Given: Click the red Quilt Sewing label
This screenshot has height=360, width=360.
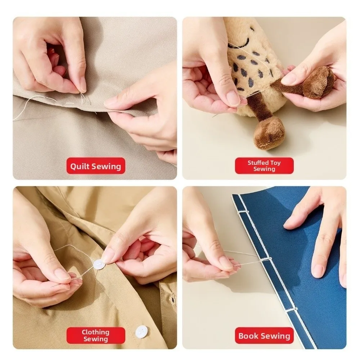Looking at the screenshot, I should click(95, 166).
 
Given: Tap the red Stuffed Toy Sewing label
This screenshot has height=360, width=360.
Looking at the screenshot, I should click(264, 166).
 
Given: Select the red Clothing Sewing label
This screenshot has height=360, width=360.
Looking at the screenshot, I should click(95, 336).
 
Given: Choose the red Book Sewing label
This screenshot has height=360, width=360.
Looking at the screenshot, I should click(264, 336).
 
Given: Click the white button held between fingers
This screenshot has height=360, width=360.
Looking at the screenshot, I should click(99, 265).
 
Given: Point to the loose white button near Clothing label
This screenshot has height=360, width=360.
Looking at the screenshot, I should click(142, 331).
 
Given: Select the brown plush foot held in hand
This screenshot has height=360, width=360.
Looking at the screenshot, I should click(317, 82).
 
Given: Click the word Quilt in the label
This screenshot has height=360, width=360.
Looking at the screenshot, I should click(80, 166).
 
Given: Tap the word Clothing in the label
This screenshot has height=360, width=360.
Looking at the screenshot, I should click(95, 332).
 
